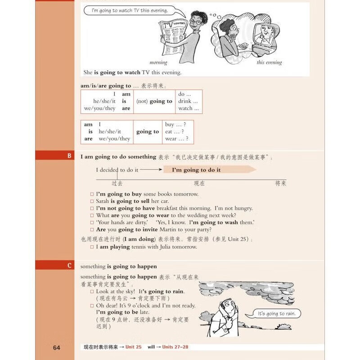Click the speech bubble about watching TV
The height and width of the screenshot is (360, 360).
coord(129,10)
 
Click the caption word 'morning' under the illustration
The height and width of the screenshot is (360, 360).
coord(158,63)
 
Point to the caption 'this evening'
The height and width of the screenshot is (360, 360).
coord(269,63)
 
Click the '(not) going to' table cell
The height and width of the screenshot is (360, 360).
coord(154,101)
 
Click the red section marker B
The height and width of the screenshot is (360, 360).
coord(69,156)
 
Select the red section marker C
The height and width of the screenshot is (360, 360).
coord(69,265)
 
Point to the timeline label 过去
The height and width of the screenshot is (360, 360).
coord(117,183)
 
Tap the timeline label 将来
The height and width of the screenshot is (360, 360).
coord(281,183)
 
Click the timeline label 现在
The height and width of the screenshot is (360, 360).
coord(199,183)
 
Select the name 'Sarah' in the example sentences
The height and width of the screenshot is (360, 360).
coord(103,201)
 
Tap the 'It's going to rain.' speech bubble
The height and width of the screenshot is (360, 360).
coord(277,314)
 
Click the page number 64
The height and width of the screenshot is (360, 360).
coord(56,347)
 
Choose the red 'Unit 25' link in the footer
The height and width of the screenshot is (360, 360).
coord(133,347)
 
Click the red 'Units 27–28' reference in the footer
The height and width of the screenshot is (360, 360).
coord(175,347)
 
